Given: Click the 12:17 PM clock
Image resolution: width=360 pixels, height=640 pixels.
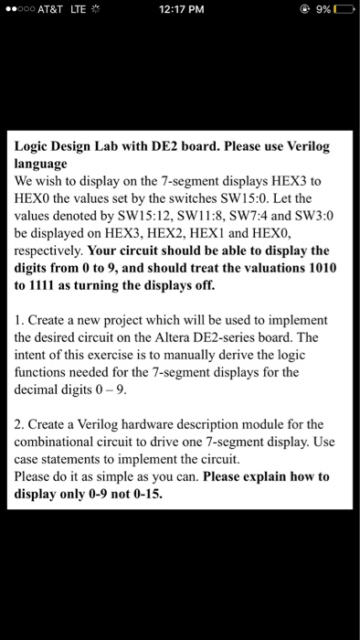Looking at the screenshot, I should pos(179,10).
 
